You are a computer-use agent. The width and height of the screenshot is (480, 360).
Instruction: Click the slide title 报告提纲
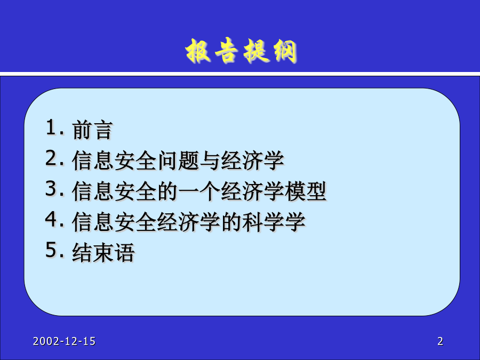(241, 51)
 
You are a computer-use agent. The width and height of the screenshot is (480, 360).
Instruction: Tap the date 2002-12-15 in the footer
(65, 341)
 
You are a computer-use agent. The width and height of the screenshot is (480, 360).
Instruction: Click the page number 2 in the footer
(440, 341)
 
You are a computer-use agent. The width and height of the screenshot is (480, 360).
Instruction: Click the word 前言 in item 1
(92, 130)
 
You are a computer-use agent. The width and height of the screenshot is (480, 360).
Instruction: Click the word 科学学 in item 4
(274, 222)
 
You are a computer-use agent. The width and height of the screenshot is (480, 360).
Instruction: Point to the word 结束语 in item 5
(103, 253)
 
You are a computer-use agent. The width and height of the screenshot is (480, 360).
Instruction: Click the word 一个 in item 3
(199, 191)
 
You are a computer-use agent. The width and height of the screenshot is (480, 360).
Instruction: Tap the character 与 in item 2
(210, 161)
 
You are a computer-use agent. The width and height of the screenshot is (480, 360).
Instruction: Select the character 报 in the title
(198, 51)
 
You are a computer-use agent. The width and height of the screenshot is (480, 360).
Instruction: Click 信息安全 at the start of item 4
(114, 222)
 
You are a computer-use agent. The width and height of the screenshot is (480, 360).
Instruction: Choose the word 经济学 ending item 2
(252, 161)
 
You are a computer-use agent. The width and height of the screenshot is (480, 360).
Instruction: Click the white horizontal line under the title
(240, 74)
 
